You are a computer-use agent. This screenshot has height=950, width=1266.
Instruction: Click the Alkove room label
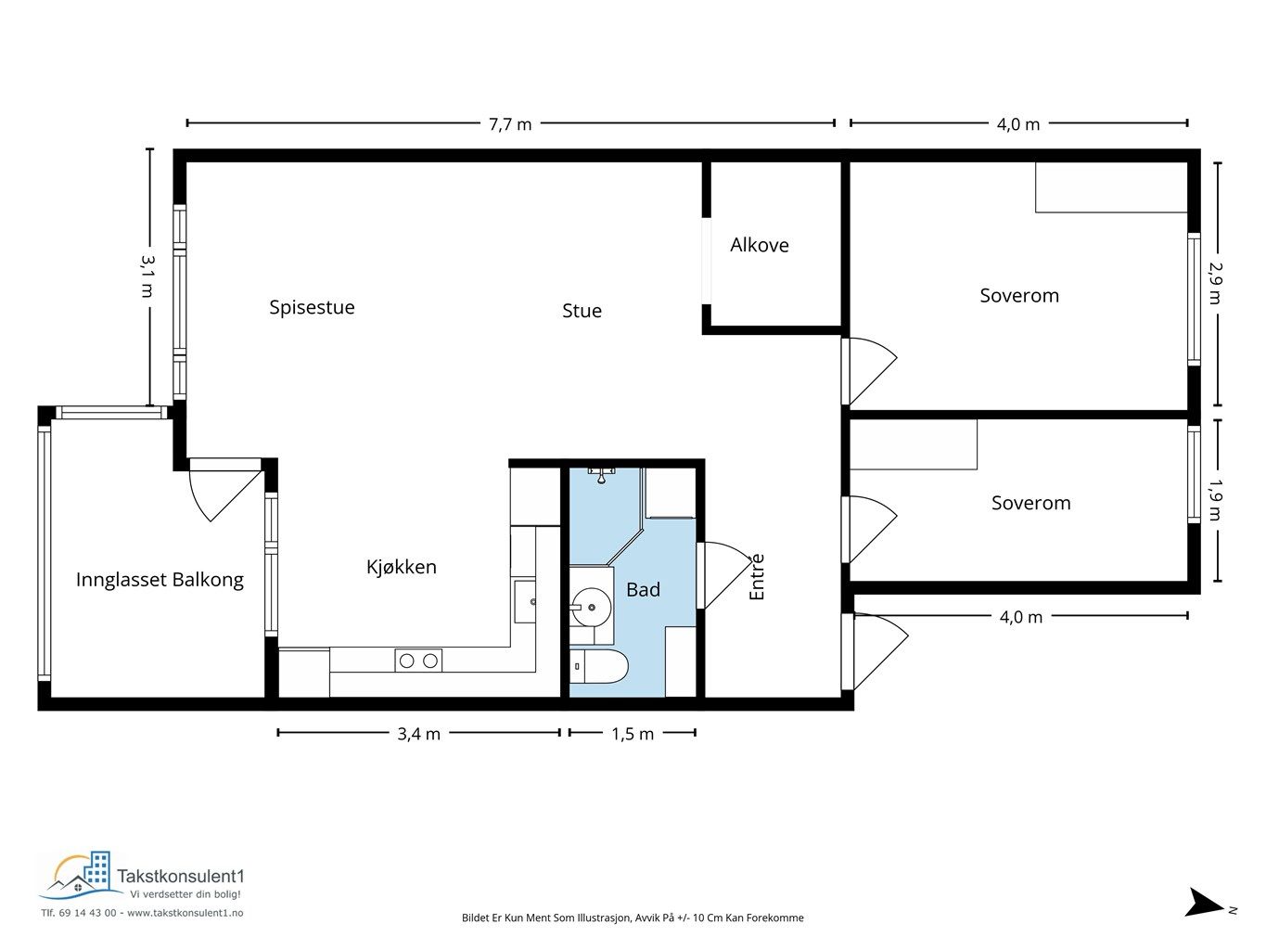[759, 245]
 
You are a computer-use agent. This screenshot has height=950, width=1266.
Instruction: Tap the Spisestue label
[312, 307]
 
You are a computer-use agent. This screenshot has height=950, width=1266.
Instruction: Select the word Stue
[582, 311]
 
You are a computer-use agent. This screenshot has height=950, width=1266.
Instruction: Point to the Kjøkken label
[402, 567]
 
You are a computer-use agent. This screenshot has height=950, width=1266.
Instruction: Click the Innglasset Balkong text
[160, 580]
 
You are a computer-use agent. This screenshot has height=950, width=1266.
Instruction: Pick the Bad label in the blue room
[643, 589]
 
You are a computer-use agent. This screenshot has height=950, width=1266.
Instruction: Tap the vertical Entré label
[756, 577]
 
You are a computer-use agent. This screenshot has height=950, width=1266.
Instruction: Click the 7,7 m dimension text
[510, 124]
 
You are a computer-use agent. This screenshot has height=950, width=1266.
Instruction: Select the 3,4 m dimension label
[418, 734]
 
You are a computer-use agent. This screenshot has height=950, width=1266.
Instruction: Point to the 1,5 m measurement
[633, 734]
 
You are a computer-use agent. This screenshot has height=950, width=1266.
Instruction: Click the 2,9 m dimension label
[1215, 283]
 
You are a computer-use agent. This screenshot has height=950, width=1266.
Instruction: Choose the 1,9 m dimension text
[1215, 500]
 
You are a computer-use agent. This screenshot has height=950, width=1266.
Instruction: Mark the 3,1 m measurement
[147, 276]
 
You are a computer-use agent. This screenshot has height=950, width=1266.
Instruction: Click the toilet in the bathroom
[598, 666]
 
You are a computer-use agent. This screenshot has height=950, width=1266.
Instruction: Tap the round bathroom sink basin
[591, 607]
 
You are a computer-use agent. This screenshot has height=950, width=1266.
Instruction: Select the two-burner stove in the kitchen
[418, 661]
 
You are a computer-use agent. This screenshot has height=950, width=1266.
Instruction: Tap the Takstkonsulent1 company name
[181, 876]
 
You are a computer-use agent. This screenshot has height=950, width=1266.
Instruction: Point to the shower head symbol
[602, 477]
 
